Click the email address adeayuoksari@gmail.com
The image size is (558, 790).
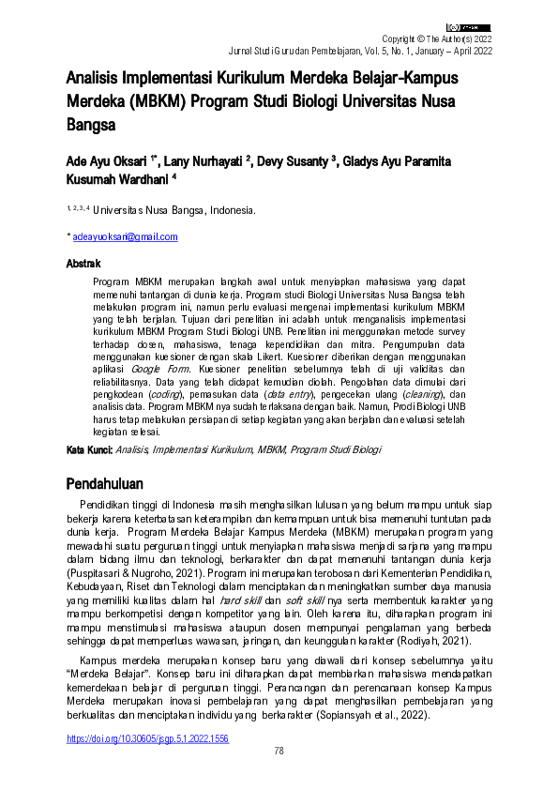click(x=126, y=236)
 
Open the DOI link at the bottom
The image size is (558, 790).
click(x=146, y=739)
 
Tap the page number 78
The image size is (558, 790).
click(x=279, y=752)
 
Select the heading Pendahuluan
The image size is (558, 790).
click(x=104, y=484)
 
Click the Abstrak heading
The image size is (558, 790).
click(x=83, y=264)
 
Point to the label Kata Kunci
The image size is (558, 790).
click(x=89, y=450)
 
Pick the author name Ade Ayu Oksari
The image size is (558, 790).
click(x=106, y=160)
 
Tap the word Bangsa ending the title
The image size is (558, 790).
click(x=92, y=124)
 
